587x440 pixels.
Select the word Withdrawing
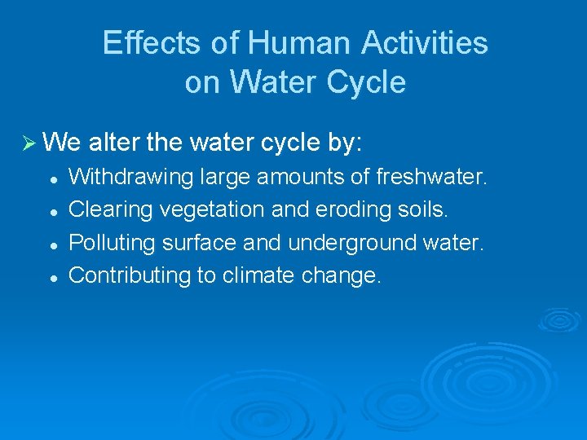click(x=130, y=177)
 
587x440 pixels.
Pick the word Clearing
click(x=111, y=209)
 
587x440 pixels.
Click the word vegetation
click(x=212, y=209)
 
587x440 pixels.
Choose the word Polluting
click(x=113, y=242)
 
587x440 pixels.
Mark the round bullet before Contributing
click(x=51, y=277)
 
